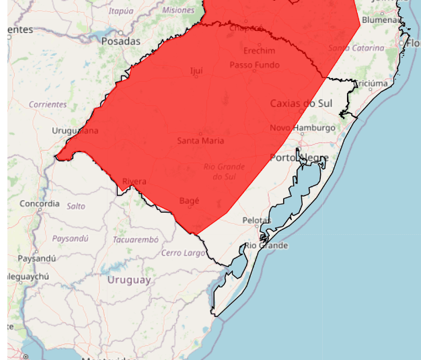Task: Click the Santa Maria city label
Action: (200, 141)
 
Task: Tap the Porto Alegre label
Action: (299, 158)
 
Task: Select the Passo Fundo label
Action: (254, 65)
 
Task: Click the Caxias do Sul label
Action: (301, 103)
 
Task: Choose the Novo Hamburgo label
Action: (302, 128)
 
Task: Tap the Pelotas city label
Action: (256, 220)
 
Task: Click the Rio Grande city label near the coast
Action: (266, 246)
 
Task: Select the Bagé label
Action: (189, 201)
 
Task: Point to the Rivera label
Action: (134, 182)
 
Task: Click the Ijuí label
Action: (196, 70)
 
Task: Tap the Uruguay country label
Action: (128, 280)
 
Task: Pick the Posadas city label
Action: (120, 41)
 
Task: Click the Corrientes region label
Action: (48, 105)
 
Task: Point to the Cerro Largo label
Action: (183, 253)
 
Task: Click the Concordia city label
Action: (39, 203)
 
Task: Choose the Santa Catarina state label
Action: (356, 48)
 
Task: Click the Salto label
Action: (76, 206)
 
